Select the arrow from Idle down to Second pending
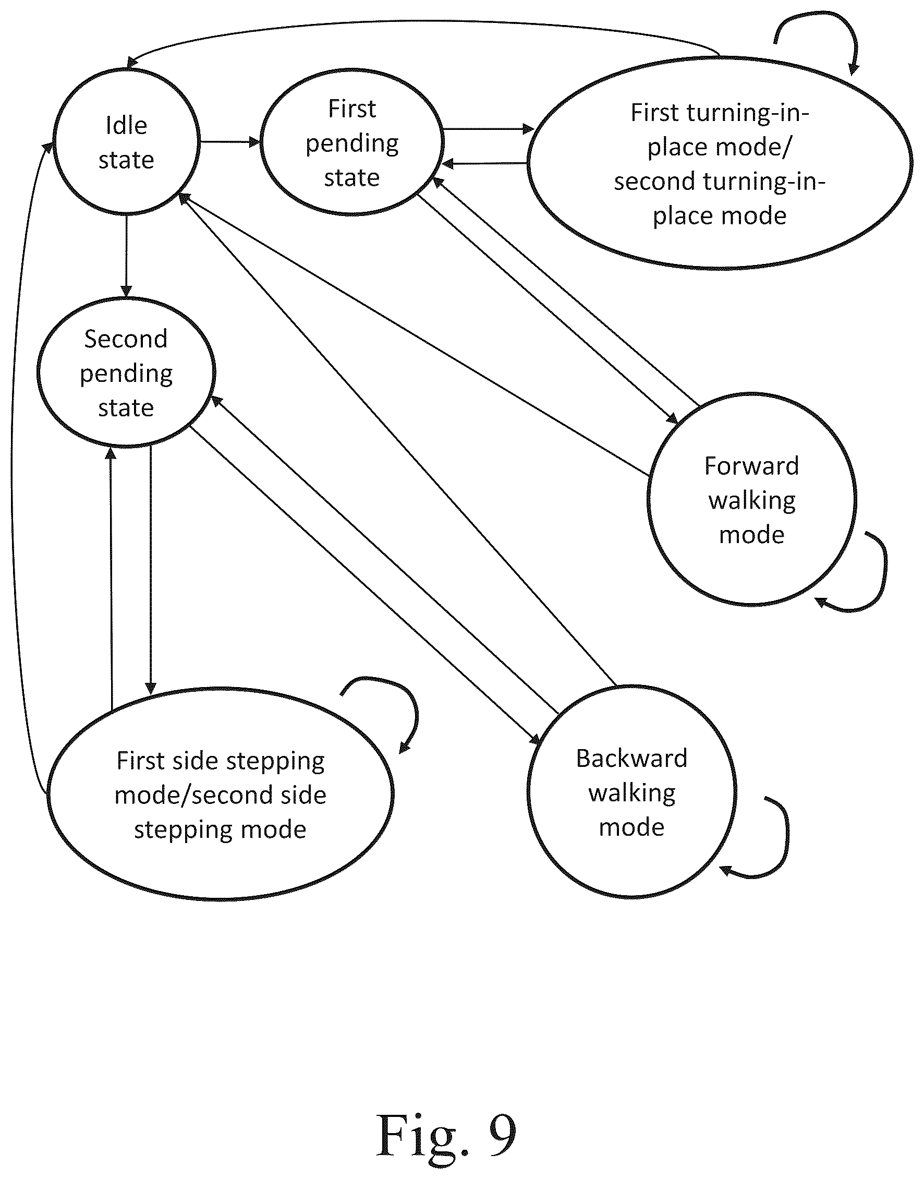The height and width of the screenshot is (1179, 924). pos(127,257)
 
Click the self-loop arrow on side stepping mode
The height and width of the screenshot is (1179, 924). pos(416,709)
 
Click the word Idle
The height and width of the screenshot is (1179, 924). pos(127,126)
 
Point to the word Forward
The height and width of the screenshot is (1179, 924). pos(752,466)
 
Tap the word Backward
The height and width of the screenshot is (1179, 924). pos(632,758)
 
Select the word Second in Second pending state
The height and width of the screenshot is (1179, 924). pos(126,339)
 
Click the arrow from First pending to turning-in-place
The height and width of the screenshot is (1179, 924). pos(489,129)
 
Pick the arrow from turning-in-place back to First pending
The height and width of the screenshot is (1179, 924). pos(485,163)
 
